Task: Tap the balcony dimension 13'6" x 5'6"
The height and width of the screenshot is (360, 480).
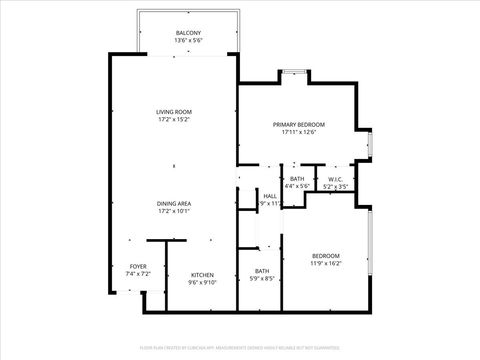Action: [188, 41]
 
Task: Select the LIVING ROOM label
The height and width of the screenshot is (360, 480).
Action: [173, 111]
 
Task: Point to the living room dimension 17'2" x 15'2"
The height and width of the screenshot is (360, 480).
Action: [173, 119]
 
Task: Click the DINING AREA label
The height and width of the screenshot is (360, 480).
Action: [173, 203]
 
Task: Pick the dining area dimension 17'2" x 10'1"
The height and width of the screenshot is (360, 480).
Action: [173, 211]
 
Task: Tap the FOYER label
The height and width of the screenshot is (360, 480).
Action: [137, 266]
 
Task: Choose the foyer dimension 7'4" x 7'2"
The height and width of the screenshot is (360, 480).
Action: [137, 274]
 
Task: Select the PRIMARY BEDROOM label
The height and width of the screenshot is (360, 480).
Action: [299, 124]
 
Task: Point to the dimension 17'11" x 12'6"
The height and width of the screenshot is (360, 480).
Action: [299, 132]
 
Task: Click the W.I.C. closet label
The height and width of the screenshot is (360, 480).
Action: [336, 178]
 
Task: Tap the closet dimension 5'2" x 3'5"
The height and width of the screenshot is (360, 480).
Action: [336, 186]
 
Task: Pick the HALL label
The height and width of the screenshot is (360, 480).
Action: [269, 196]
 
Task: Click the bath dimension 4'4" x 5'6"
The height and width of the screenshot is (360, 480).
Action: [298, 186]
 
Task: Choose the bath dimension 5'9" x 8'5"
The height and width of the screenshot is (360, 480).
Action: [262, 279]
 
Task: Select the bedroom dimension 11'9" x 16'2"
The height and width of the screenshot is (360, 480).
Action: [327, 264]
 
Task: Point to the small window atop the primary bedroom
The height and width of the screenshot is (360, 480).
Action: [292, 72]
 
